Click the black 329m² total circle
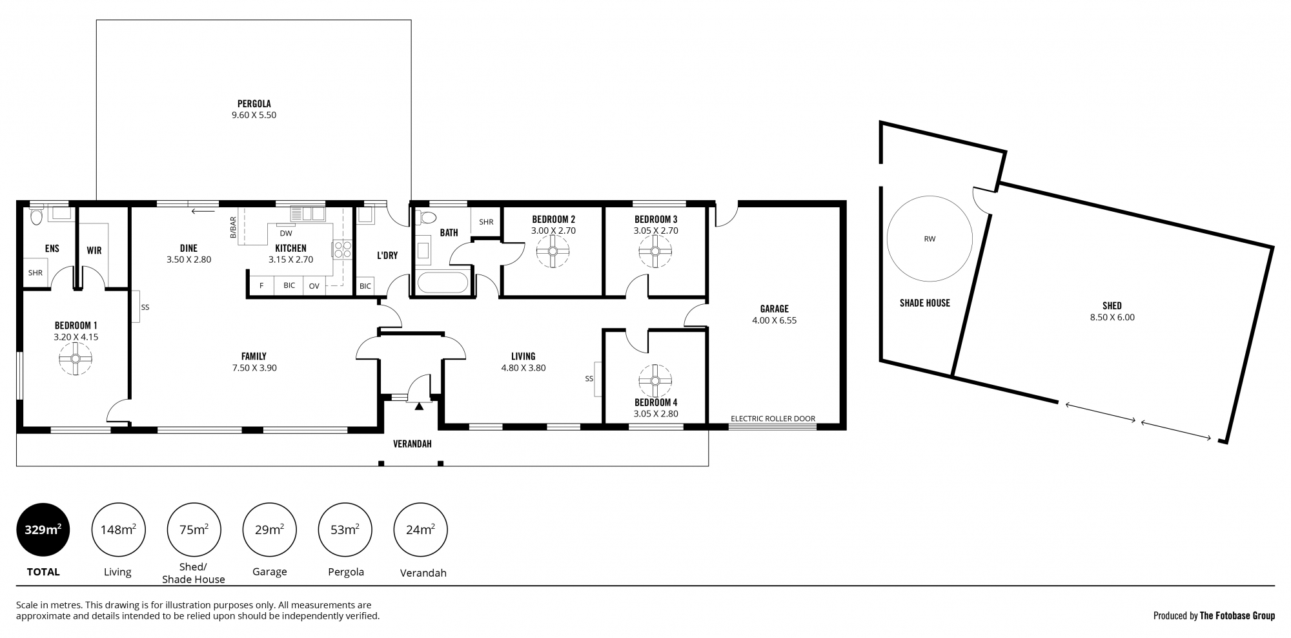43,530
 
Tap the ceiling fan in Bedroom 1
76,358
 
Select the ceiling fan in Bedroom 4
655,380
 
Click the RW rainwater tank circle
930,238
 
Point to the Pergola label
254,103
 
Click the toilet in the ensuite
36,215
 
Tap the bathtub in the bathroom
443,283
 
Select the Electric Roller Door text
773,418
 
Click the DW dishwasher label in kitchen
286,233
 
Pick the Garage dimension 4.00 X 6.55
774,320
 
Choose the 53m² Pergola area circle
345,530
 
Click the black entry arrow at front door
419,406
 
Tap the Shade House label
925,303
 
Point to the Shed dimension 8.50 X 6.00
1112,317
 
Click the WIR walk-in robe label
94,251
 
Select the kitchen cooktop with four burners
341,249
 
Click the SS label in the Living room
589,378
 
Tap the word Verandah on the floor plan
412,444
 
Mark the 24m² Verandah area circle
420,530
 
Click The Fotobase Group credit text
1237,615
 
